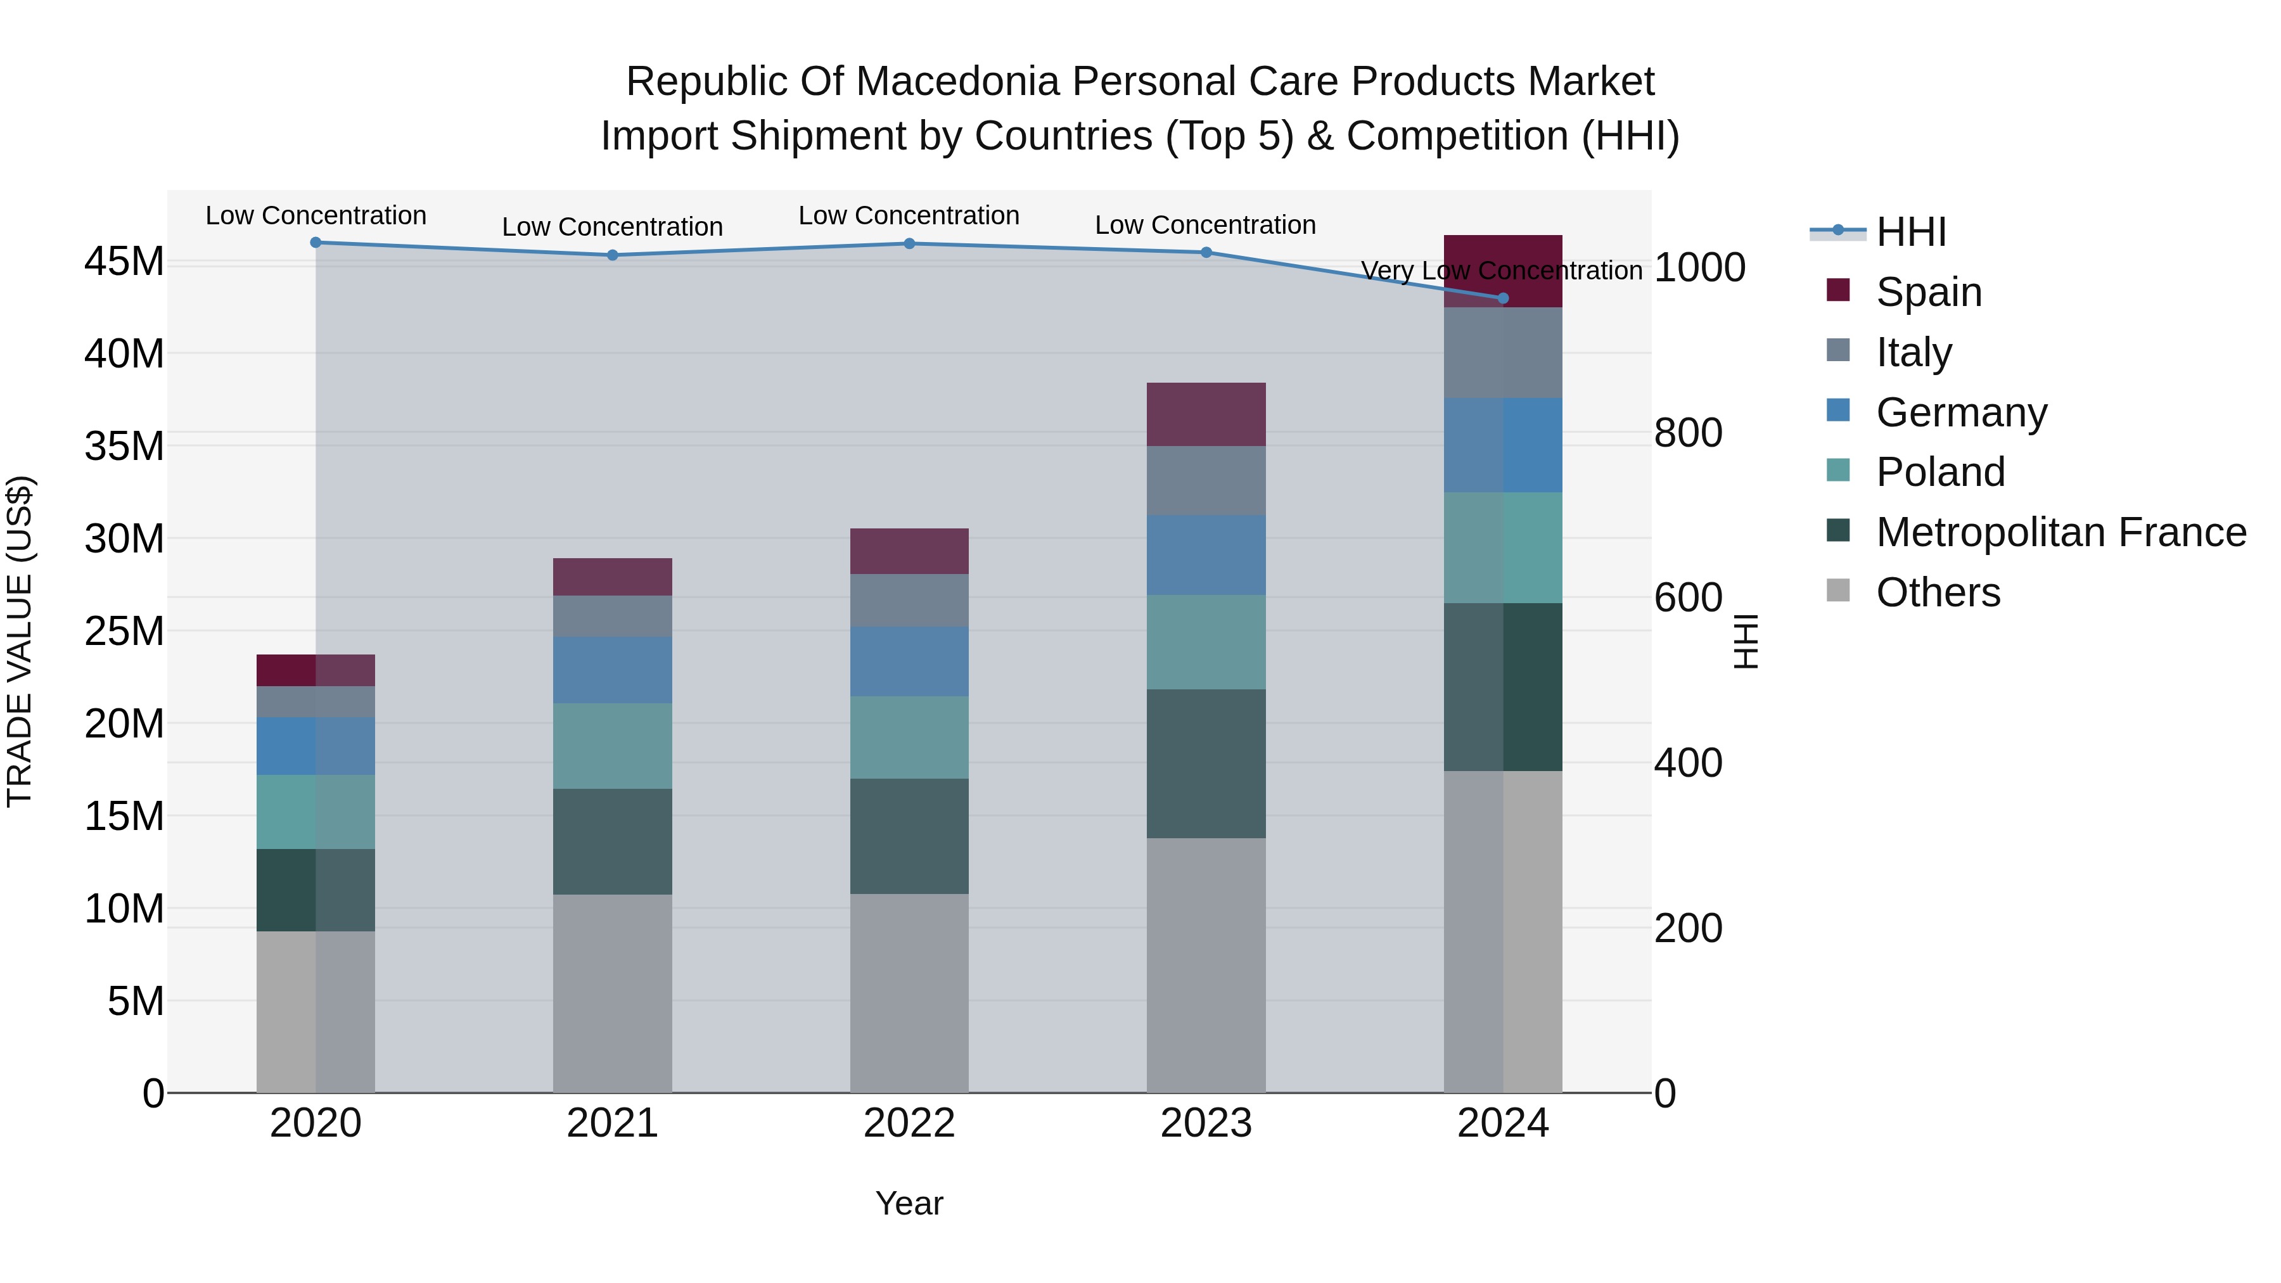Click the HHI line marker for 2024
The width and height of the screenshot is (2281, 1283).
(1503, 298)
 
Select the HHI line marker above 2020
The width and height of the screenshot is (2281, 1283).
(316, 243)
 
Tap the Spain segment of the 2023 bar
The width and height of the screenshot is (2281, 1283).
(1206, 414)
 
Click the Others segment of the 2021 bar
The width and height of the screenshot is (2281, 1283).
(613, 993)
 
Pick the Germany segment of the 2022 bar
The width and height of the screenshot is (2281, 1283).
(909, 661)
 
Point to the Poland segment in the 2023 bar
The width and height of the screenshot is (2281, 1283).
(1206, 642)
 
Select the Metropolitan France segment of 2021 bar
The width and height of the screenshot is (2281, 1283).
(613, 841)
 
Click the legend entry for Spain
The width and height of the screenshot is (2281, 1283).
(1929, 292)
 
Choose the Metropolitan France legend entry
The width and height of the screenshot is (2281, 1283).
(2061, 532)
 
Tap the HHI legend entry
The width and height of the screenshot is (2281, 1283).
(1911, 232)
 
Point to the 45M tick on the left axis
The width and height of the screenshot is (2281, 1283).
(124, 262)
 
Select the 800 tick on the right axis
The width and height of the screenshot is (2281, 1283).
(1688, 433)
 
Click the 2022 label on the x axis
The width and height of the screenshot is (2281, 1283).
(909, 1123)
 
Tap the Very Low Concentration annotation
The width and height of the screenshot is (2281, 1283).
(1501, 270)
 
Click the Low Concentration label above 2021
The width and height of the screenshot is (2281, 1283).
(613, 227)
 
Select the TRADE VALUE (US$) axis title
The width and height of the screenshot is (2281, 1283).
(20, 641)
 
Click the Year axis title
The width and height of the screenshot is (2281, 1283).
(909, 1203)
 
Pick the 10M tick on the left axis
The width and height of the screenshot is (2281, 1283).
(124, 909)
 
